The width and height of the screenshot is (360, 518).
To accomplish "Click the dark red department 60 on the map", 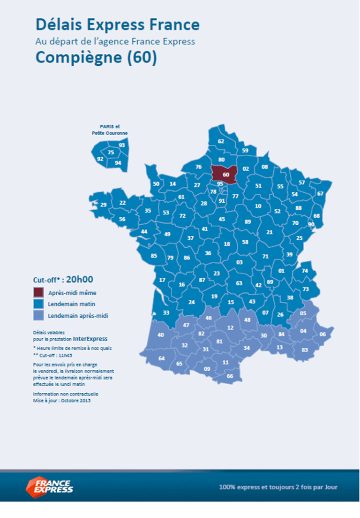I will pos(225,175).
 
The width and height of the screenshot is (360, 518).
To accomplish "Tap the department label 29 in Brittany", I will pos(103,205).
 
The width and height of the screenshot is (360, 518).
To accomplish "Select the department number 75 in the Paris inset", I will pos(111,152).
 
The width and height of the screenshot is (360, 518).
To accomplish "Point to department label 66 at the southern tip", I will pos(230,376).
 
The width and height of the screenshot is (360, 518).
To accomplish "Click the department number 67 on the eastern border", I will pos(320,194).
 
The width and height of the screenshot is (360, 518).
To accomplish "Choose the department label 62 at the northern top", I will pos(221,141).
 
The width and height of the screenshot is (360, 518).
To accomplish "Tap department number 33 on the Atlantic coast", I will pos(166,312).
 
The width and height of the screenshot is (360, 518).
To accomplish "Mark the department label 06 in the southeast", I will pos(322,334).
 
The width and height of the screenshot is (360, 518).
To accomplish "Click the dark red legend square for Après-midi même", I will pos(38,293).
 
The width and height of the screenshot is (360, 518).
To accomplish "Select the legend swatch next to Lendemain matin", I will pos(38,304).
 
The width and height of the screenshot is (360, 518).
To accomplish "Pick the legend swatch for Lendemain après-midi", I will pos(38,316).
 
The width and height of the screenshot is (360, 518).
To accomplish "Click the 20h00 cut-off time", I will pos(80,280).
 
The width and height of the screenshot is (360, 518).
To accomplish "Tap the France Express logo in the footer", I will pos(49,487).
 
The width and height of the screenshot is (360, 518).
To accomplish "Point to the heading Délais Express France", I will pos(118,24).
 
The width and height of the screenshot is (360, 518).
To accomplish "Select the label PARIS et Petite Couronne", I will pos(110,129).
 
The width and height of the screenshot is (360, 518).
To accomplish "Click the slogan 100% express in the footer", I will pos(278,487).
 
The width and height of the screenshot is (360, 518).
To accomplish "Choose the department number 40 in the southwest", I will pos(161,335).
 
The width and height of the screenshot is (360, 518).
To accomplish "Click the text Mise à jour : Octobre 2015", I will pos(62,401).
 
